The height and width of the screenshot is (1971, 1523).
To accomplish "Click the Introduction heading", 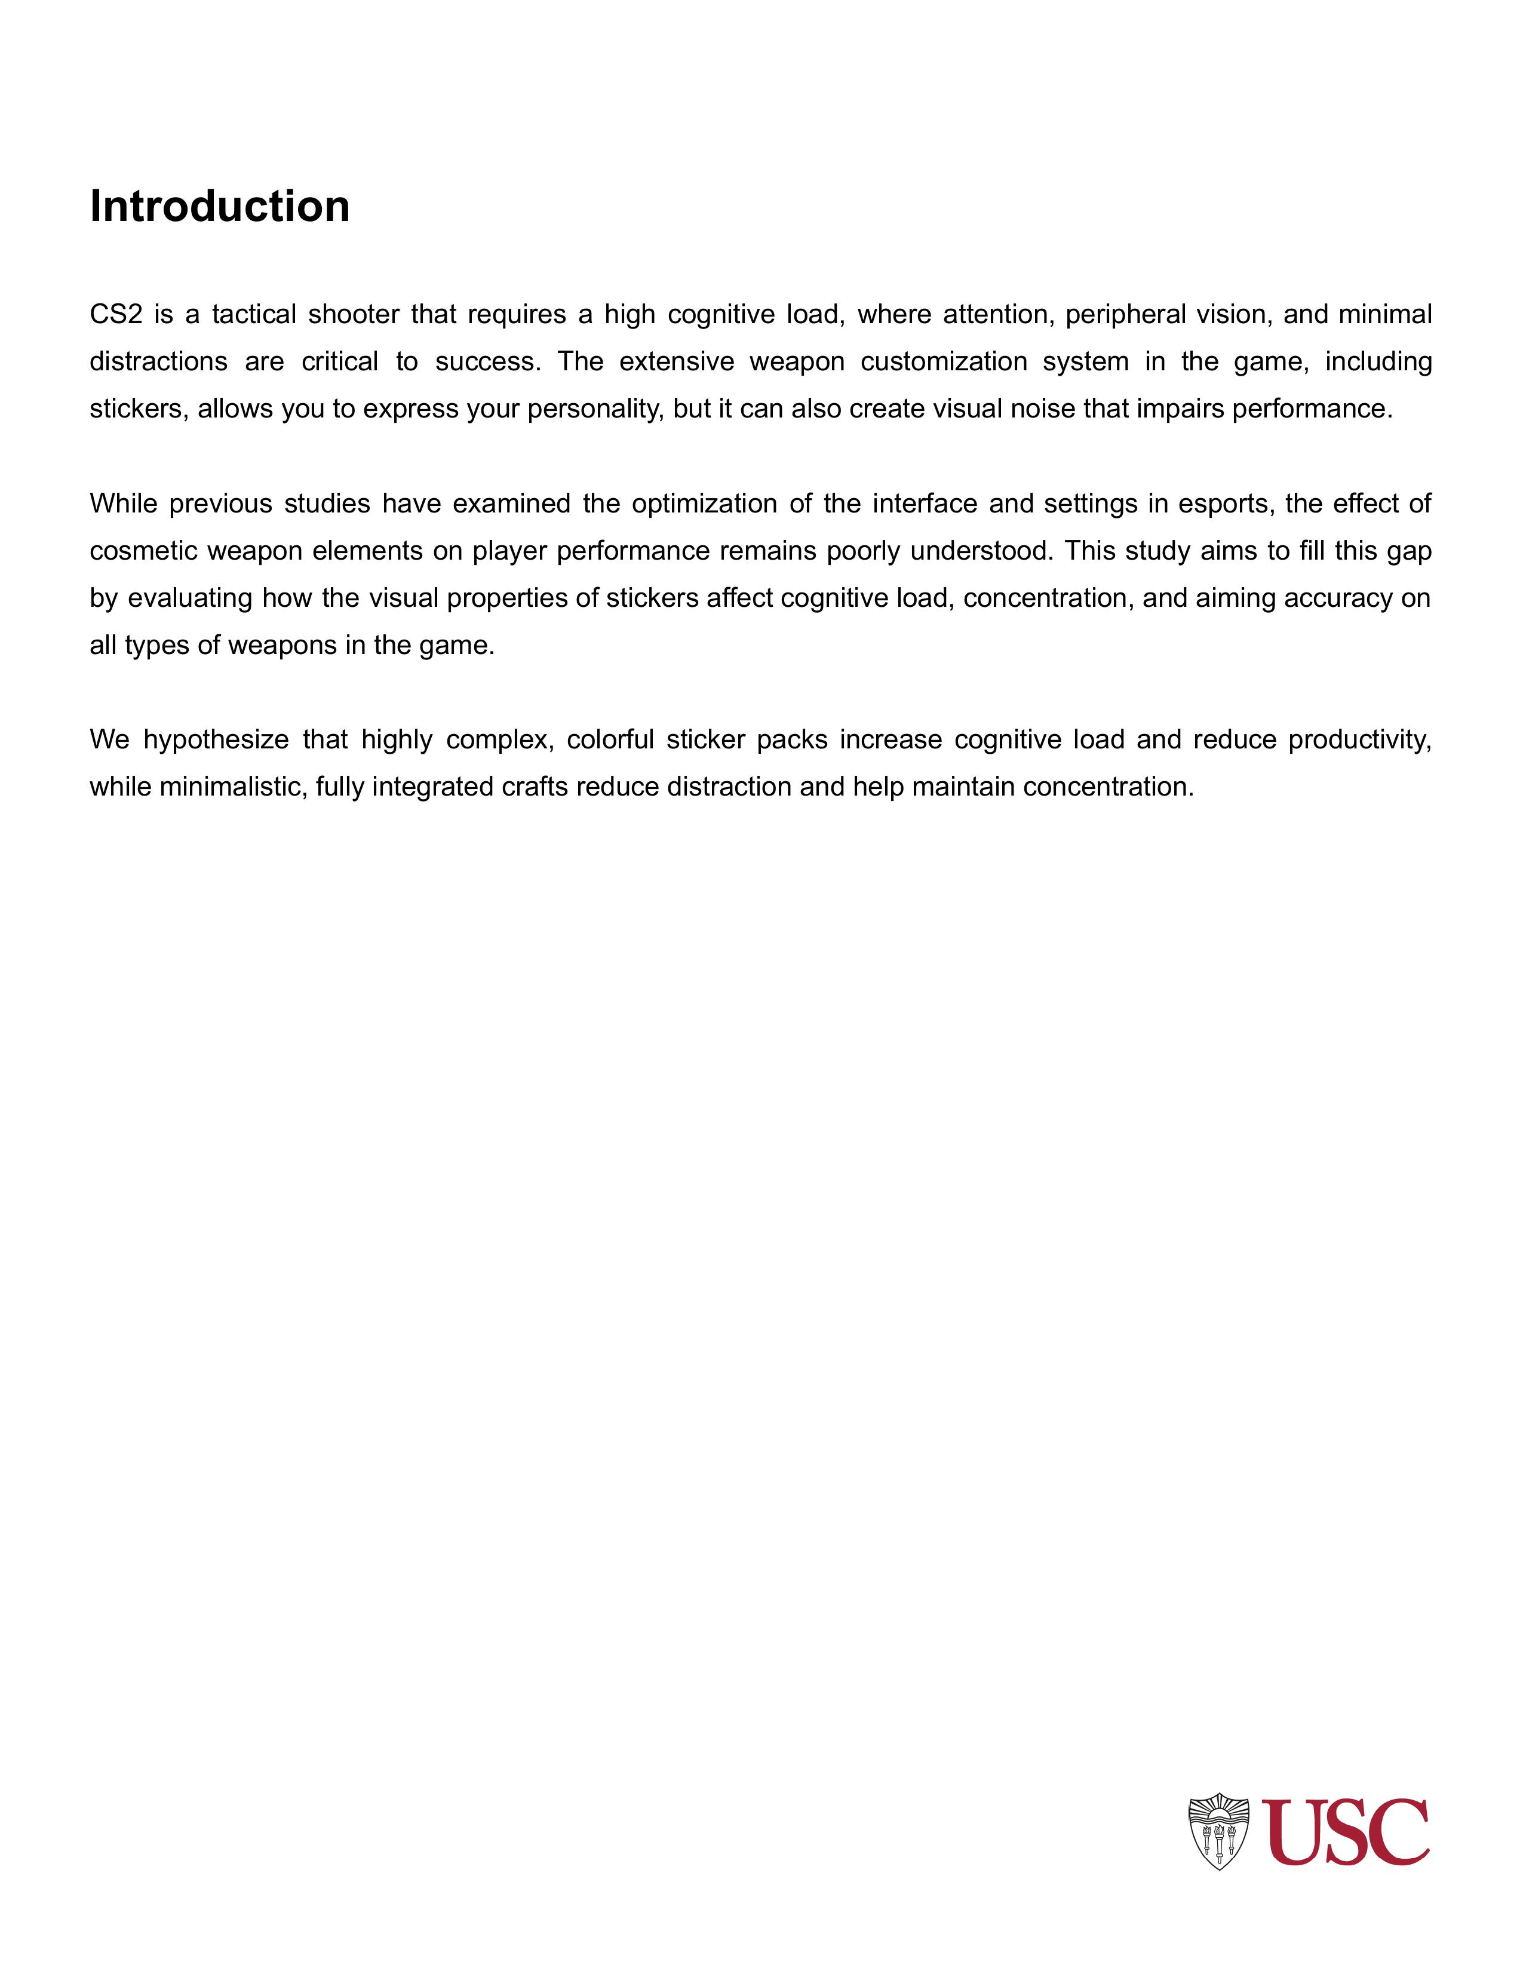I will (219, 206).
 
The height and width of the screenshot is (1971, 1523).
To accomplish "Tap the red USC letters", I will (1345, 1832).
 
